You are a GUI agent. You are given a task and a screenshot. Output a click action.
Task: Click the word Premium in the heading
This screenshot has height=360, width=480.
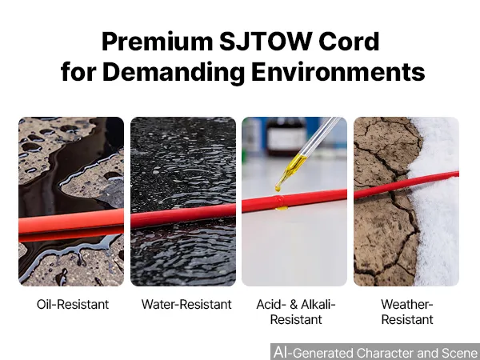click(157, 42)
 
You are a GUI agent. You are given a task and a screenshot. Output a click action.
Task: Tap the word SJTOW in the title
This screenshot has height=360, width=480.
click(266, 41)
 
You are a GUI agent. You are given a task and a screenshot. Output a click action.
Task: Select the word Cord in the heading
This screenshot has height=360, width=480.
click(349, 41)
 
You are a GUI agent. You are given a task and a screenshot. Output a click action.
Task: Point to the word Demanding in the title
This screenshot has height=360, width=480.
click(174, 72)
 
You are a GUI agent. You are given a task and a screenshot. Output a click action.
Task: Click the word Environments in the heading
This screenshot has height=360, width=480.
click(338, 72)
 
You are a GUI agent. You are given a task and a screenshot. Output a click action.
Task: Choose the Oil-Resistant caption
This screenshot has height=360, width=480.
click(73, 304)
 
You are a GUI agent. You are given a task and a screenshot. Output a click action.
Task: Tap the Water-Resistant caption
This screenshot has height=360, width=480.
click(186, 304)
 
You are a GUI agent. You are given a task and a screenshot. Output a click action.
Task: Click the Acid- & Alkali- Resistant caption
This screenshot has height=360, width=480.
click(296, 312)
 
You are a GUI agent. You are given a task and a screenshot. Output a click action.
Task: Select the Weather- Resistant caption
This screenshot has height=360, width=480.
click(407, 312)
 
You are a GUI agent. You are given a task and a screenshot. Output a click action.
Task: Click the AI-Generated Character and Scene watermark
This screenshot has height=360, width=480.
click(376, 352)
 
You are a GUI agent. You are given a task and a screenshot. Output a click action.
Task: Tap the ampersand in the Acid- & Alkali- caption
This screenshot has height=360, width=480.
click(294, 304)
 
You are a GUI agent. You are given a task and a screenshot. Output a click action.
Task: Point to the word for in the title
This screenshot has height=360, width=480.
click(78, 72)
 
